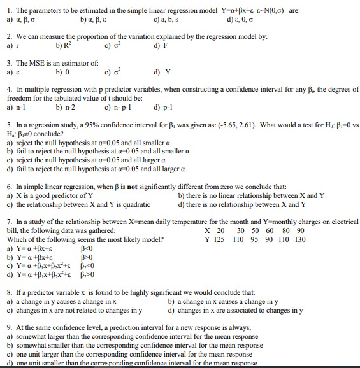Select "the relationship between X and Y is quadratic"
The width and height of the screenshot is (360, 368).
tap(83, 204)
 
